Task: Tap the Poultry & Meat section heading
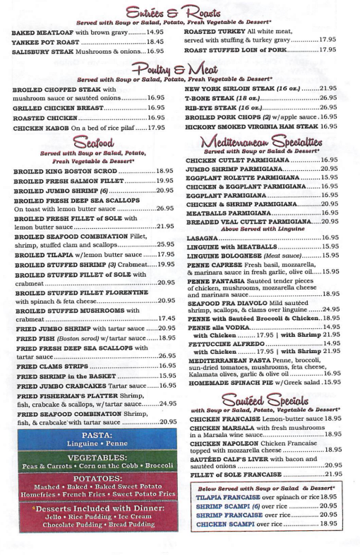(179, 66)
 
